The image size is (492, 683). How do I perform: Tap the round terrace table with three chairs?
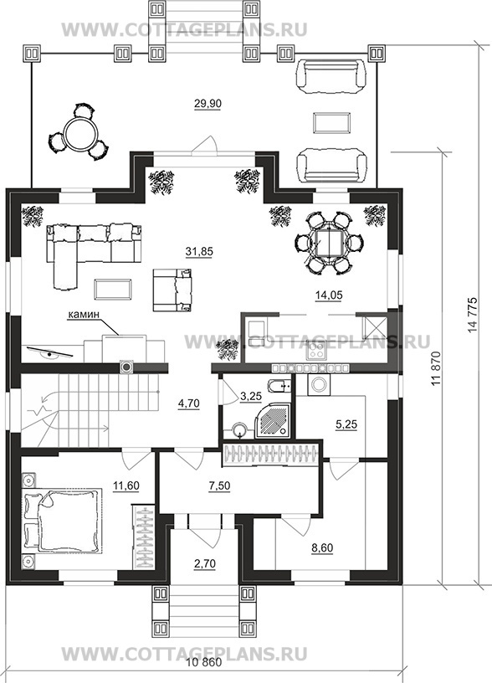79,132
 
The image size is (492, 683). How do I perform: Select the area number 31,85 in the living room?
199,252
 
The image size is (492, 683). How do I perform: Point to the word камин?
84,314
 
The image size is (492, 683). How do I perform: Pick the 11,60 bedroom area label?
126,485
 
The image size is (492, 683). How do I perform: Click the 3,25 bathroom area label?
251,396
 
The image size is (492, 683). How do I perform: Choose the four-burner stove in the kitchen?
316,351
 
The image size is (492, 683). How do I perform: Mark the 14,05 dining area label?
329,295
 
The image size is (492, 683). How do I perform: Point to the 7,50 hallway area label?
219,485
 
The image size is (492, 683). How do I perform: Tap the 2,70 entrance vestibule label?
205,563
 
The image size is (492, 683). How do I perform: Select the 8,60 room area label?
322,547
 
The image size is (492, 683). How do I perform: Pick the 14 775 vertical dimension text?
473,316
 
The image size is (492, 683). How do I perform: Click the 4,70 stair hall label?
188,403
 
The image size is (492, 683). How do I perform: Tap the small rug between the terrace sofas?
332,122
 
